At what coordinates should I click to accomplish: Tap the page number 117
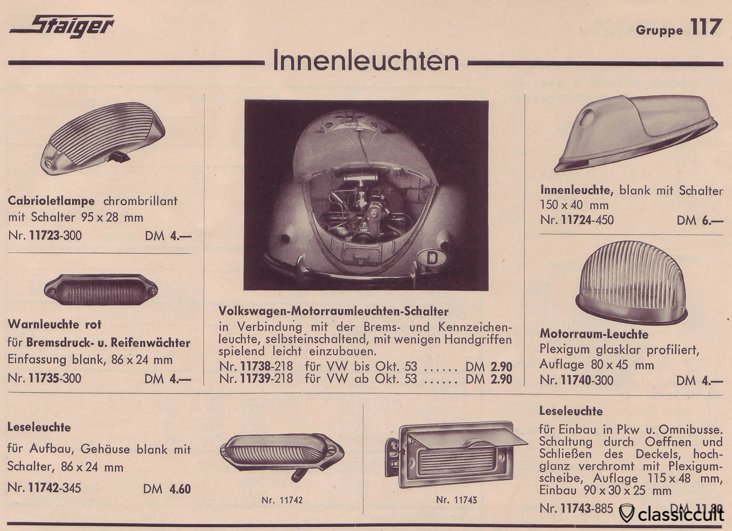click(706, 27)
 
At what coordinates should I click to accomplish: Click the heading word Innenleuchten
click(365, 61)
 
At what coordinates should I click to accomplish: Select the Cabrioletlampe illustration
click(103, 137)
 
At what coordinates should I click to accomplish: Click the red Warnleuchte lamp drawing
click(101, 289)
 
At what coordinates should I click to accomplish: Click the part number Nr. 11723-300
click(45, 235)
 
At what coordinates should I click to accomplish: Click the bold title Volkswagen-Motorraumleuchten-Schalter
click(333, 312)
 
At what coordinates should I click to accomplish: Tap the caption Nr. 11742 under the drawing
click(282, 500)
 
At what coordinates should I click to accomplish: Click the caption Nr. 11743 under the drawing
click(456, 500)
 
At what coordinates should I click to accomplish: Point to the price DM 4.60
click(167, 489)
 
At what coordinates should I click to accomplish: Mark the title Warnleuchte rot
click(54, 324)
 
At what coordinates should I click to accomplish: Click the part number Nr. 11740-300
click(576, 380)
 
